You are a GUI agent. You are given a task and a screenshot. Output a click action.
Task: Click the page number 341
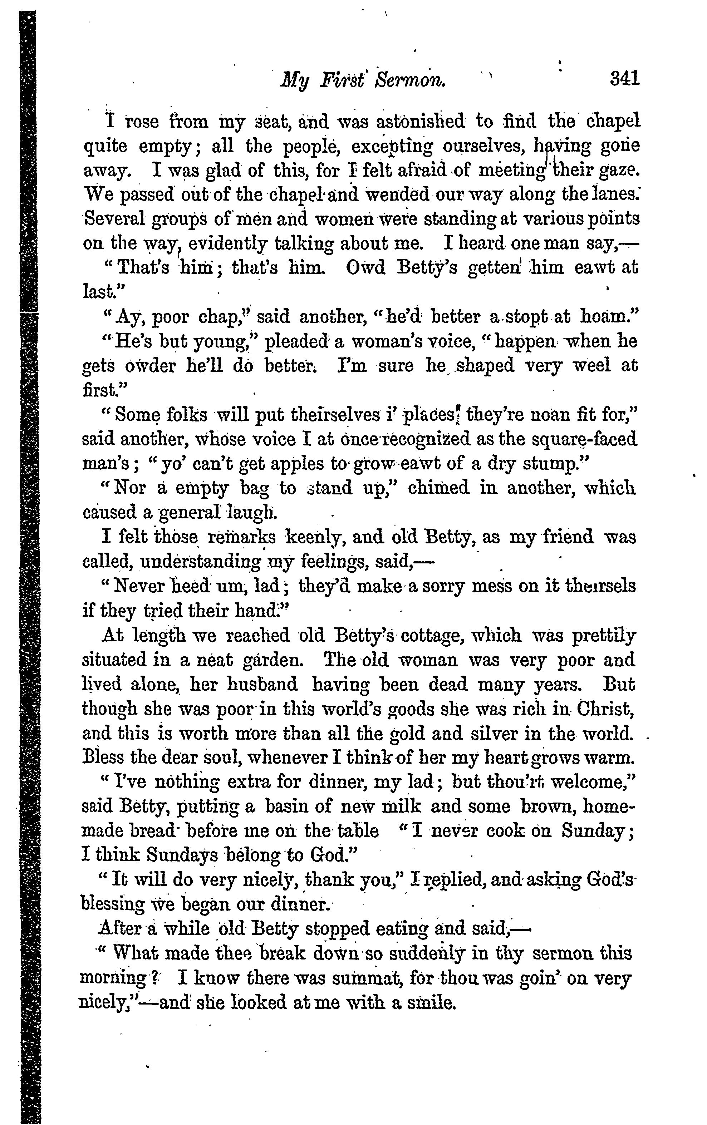point(624,78)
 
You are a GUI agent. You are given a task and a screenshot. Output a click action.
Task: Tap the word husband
point(262,685)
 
